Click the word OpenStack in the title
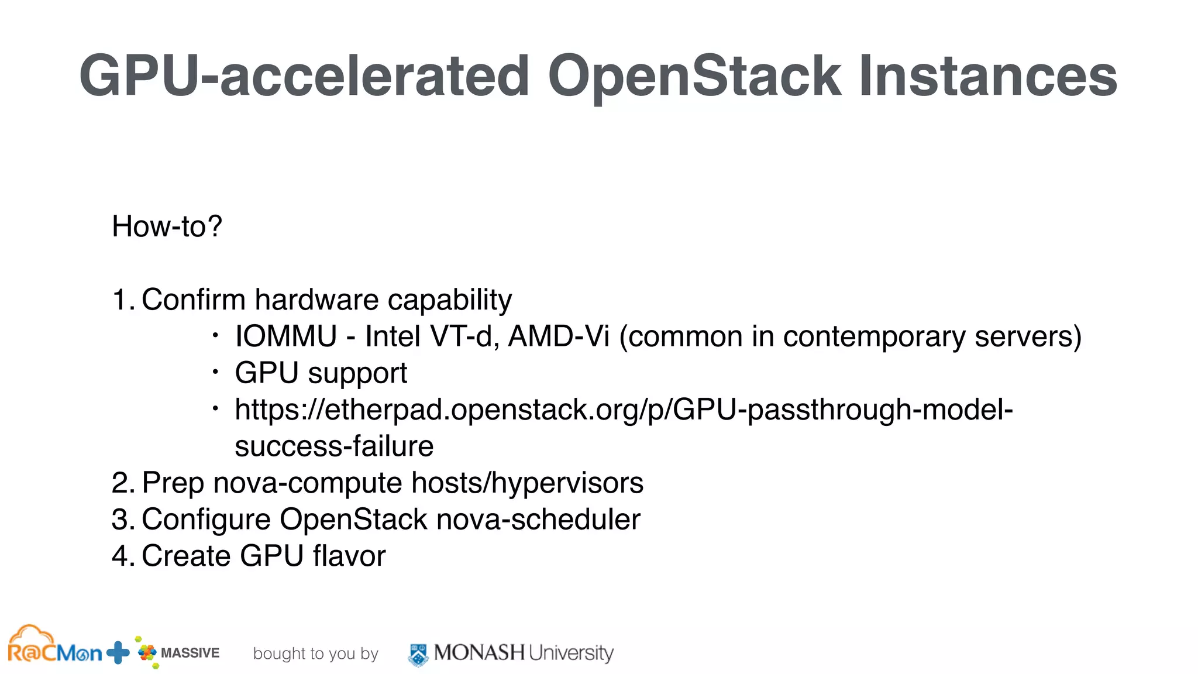694,76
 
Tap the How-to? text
167,226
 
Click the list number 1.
121,300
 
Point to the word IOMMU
286,336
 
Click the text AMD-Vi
559,336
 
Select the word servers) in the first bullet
1028,336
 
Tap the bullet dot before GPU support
215,372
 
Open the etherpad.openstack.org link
624,410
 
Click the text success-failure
334,446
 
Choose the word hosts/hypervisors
527,483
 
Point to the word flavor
349,556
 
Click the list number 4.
121,556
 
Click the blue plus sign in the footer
118,652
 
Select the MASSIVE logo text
190,653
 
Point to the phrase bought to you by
315,654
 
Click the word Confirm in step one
193,300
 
